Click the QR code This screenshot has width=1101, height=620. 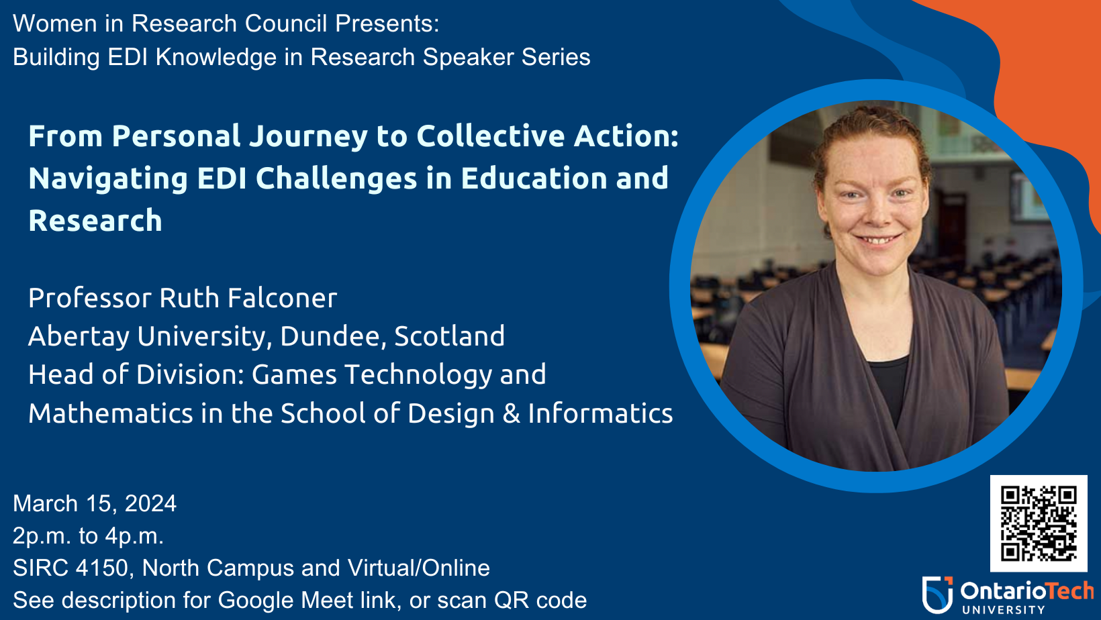(x=1039, y=523)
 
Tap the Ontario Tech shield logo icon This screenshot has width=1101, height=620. (x=937, y=595)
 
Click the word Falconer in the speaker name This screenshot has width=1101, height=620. (x=282, y=298)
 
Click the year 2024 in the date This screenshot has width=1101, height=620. (x=150, y=503)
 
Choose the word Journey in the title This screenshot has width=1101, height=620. (x=308, y=137)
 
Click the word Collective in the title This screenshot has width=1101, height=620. (x=491, y=136)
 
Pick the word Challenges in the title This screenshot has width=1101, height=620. (x=336, y=179)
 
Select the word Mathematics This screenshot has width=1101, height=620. (x=111, y=413)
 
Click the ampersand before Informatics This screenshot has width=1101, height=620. (x=511, y=413)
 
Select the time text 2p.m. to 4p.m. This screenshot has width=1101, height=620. (x=88, y=536)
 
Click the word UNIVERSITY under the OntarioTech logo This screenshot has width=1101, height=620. (x=1004, y=610)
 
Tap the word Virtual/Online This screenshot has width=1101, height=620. (x=418, y=568)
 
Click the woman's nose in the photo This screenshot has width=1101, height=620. (x=876, y=212)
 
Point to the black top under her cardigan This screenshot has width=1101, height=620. (x=889, y=388)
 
